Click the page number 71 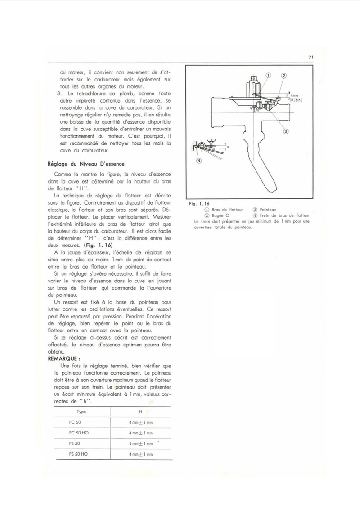[311, 57]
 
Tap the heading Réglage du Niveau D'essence [86, 164]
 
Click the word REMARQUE [62, 359]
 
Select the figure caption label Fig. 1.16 [199, 204]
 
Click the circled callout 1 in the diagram [268, 75]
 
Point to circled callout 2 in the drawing [284, 76]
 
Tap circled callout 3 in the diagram [286, 131]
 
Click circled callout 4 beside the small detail [199, 161]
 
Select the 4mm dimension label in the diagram [294, 96]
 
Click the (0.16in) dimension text [296, 100]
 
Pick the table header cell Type [81, 412]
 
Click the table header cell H [140, 412]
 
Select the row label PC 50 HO [79, 433]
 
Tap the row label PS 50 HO [78, 454]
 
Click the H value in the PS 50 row [141, 444]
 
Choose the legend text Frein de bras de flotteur [284, 215]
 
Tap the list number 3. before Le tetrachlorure [59, 94]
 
